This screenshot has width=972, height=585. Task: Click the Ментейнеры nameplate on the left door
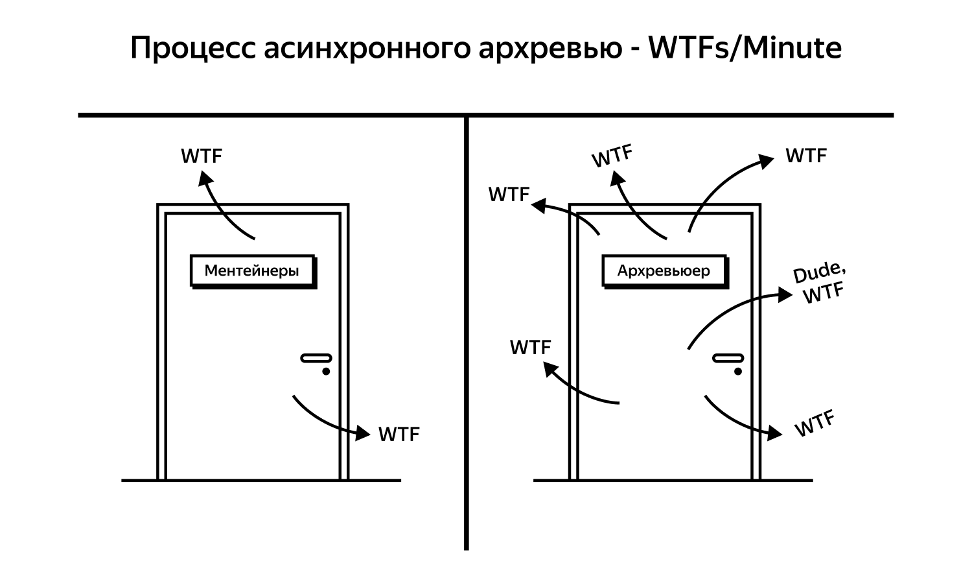tap(252, 270)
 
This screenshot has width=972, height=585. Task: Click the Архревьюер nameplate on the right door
tap(664, 270)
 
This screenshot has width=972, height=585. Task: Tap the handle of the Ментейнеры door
tap(316, 358)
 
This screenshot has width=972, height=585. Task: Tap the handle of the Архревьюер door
tap(728, 358)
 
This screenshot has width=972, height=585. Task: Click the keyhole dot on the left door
tap(326, 372)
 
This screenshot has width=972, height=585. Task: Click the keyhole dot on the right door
tap(738, 372)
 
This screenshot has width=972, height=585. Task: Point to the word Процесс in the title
tap(192, 49)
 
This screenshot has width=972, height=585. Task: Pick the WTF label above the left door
tap(202, 156)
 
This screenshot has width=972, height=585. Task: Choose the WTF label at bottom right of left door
tap(399, 434)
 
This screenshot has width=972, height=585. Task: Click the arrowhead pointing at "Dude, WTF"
tap(785, 295)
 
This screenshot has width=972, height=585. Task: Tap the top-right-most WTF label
tap(806, 156)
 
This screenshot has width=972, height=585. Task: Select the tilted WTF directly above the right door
tap(612, 156)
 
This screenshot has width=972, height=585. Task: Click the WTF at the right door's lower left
tap(530, 347)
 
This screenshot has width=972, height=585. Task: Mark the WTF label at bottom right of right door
tap(814, 424)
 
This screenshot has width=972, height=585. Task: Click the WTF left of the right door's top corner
tap(509, 194)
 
